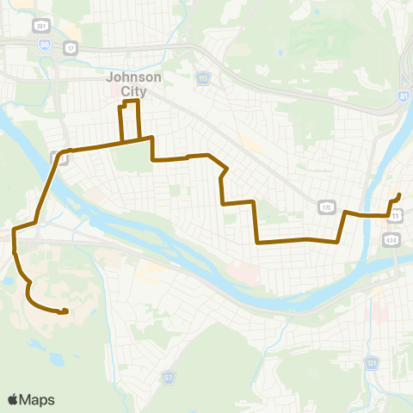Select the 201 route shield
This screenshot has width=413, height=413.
(40, 27)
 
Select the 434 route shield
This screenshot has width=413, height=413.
(391, 238)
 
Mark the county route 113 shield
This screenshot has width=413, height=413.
(202, 77)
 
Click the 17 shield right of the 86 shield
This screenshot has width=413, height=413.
(71, 47)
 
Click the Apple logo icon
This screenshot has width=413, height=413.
(14, 399)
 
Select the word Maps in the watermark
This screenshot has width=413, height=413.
(38, 399)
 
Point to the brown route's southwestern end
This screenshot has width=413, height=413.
(65, 311)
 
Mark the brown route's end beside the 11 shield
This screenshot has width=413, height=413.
(399, 195)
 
